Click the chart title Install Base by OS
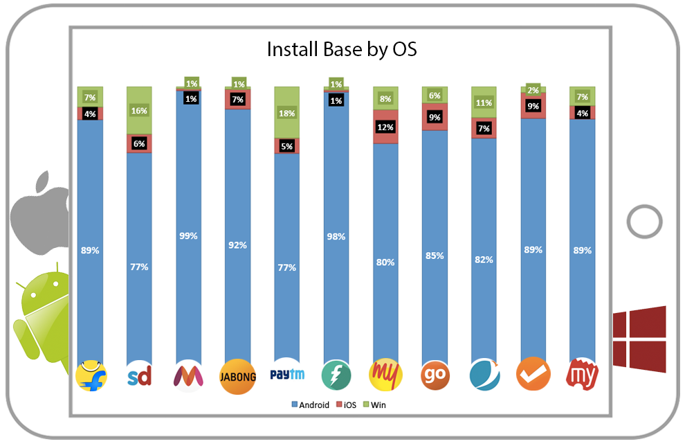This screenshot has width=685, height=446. tap(342, 51)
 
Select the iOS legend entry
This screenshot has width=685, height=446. tap(345, 404)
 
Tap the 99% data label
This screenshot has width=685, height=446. tap(188, 235)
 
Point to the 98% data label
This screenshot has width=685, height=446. tap(336, 237)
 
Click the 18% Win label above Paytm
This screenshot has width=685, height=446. tap(287, 113)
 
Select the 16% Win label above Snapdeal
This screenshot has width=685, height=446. tap(140, 111)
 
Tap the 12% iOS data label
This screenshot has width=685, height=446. tap(385, 127)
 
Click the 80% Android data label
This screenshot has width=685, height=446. tap(385, 262)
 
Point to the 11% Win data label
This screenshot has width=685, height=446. tap(484, 103)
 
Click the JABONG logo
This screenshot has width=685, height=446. tap(238, 377)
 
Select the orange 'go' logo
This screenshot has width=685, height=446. tap(435, 377)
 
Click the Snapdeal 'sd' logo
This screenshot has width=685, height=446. tap(140, 377)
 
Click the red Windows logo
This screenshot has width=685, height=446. tap(639, 339)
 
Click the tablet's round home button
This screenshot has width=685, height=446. tap(645, 222)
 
